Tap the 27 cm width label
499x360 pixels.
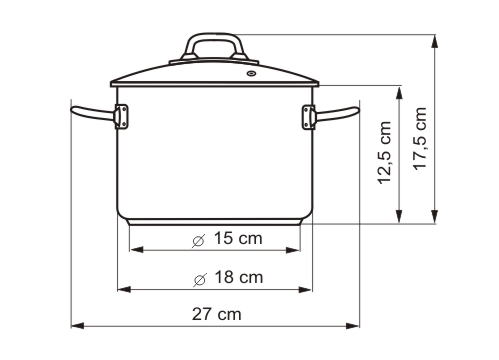(x=217, y=314)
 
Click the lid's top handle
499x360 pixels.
(x=216, y=49)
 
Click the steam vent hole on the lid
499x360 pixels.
(x=250, y=72)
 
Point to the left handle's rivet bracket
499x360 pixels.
(x=122, y=116)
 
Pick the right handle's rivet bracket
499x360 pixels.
(x=306, y=116)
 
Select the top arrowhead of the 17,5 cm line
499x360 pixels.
(x=436, y=41)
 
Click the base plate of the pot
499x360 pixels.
(x=215, y=221)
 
